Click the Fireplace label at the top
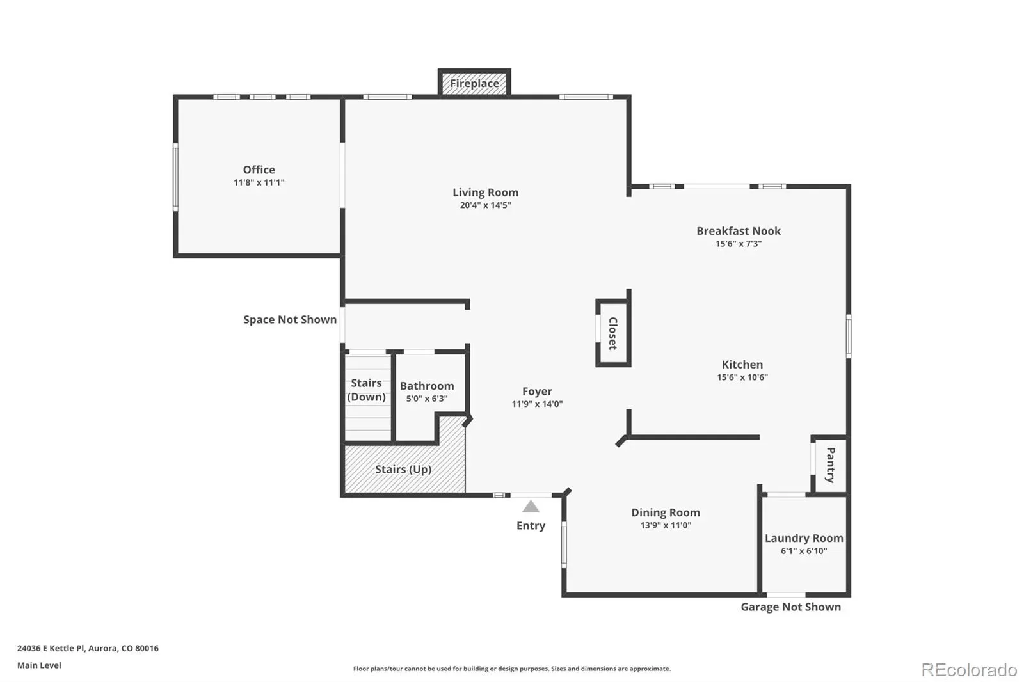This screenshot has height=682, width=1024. pyautogui.click(x=474, y=83)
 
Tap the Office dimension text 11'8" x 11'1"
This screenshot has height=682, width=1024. pyautogui.click(x=259, y=182)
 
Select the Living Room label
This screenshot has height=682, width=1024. pyautogui.click(x=486, y=193)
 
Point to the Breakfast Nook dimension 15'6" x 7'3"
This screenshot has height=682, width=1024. pyautogui.click(x=739, y=244)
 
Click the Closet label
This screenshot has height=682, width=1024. pyautogui.click(x=613, y=333)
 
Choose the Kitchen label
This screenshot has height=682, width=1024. pyautogui.click(x=742, y=364)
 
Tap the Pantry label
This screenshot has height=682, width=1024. pyautogui.click(x=831, y=465)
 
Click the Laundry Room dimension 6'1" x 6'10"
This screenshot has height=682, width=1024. pyautogui.click(x=804, y=551)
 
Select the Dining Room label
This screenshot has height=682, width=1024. pyautogui.click(x=666, y=512)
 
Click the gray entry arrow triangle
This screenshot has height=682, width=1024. pyautogui.click(x=531, y=507)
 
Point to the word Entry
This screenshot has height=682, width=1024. pyautogui.click(x=531, y=526)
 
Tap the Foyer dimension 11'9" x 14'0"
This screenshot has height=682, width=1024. pyautogui.click(x=537, y=404)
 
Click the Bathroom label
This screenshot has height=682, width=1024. pyautogui.click(x=427, y=386)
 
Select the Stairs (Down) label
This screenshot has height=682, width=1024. pyautogui.click(x=366, y=390)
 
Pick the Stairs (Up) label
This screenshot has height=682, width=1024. pyautogui.click(x=403, y=470)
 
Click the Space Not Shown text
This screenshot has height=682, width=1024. pyautogui.click(x=290, y=319)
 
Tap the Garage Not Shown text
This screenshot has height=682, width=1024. pyautogui.click(x=791, y=607)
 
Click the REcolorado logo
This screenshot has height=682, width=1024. pyautogui.click(x=969, y=670)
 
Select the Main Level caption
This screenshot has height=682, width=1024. pyautogui.click(x=39, y=665)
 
